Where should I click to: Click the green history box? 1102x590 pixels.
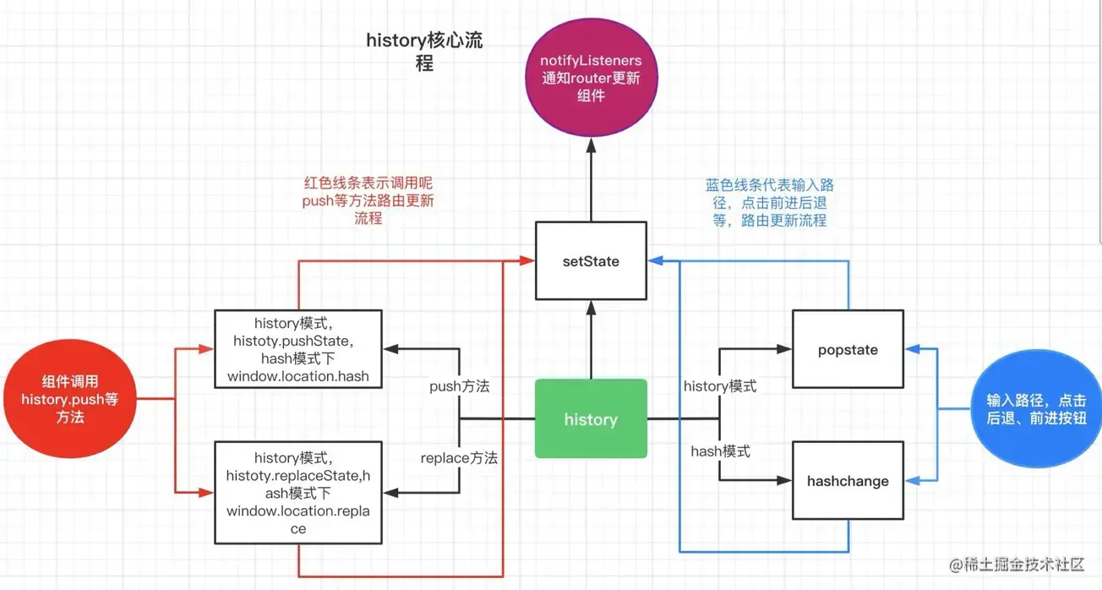(x=591, y=419)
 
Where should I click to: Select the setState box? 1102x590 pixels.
(x=591, y=261)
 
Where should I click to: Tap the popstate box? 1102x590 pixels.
(x=848, y=350)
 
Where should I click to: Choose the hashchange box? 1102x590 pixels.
(x=848, y=481)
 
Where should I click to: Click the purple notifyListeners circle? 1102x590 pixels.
(x=591, y=78)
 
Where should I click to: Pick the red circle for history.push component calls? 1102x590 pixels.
(x=69, y=400)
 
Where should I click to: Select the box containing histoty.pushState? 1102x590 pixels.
(x=297, y=349)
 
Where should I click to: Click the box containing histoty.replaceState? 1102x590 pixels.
(x=297, y=493)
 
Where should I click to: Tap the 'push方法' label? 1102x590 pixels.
(x=459, y=386)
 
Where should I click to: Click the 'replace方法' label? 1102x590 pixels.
(x=459, y=458)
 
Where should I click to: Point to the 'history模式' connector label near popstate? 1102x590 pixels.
(x=719, y=386)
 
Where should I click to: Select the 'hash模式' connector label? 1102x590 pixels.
(x=720, y=451)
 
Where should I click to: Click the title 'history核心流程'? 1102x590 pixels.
(x=424, y=52)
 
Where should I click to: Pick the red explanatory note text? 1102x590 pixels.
(x=368, y=200)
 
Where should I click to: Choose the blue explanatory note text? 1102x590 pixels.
(x=769, y=203)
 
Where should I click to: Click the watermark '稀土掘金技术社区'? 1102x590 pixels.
(x=1024, y=565)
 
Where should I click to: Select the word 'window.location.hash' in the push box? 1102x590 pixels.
(x=297, y=376)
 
